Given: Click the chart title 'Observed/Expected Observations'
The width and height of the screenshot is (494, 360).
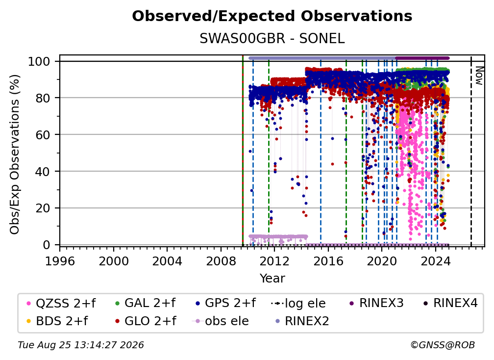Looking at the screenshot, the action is point(272,16).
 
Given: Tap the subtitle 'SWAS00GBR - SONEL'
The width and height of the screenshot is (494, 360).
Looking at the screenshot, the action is point(272,39).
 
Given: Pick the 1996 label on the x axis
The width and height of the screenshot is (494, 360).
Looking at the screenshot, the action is point(60,261).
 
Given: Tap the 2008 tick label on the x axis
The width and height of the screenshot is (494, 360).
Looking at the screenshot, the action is point(221,261).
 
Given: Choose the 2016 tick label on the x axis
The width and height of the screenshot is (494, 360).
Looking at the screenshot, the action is point(328,261).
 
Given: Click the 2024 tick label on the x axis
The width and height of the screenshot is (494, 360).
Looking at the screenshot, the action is point(435,261).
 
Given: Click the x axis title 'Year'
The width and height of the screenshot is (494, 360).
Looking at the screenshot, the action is point(272,279).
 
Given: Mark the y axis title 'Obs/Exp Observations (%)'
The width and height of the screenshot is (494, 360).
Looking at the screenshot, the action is point(15,154).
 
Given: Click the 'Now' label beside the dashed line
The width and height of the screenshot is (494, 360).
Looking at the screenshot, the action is point(479,76).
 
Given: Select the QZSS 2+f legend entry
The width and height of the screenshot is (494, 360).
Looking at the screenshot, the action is point(61,303).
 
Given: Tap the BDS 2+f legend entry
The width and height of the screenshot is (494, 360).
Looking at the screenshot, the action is point(57,321).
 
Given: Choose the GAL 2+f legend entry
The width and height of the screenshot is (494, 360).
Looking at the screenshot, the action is point(145,303).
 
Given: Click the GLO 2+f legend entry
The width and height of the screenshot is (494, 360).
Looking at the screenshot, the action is point(146,321).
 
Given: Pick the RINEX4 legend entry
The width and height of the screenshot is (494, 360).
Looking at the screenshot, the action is point(450,303).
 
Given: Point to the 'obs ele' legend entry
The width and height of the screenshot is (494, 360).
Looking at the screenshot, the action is point(221,321).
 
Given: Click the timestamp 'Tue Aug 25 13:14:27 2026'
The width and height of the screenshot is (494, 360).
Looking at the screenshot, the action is point(81,345).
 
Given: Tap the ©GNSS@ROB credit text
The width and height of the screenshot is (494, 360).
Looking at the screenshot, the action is point(443,345).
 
